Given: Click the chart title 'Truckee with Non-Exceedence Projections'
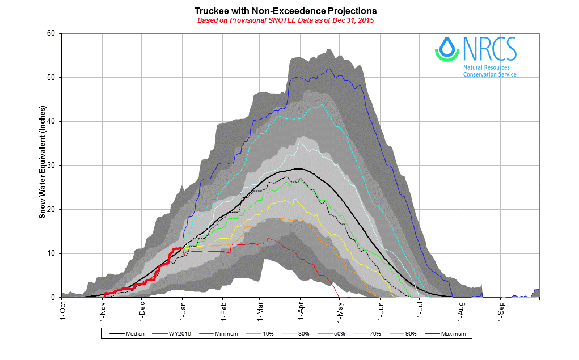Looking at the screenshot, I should tap(285, 11).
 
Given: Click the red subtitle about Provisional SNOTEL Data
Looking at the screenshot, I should tap(285, 20).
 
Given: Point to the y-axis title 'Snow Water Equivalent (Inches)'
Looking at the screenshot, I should tap(42, 165).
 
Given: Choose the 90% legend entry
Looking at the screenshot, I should tap(409, 334).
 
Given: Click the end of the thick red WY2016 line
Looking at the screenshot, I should tap(181, 248).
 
